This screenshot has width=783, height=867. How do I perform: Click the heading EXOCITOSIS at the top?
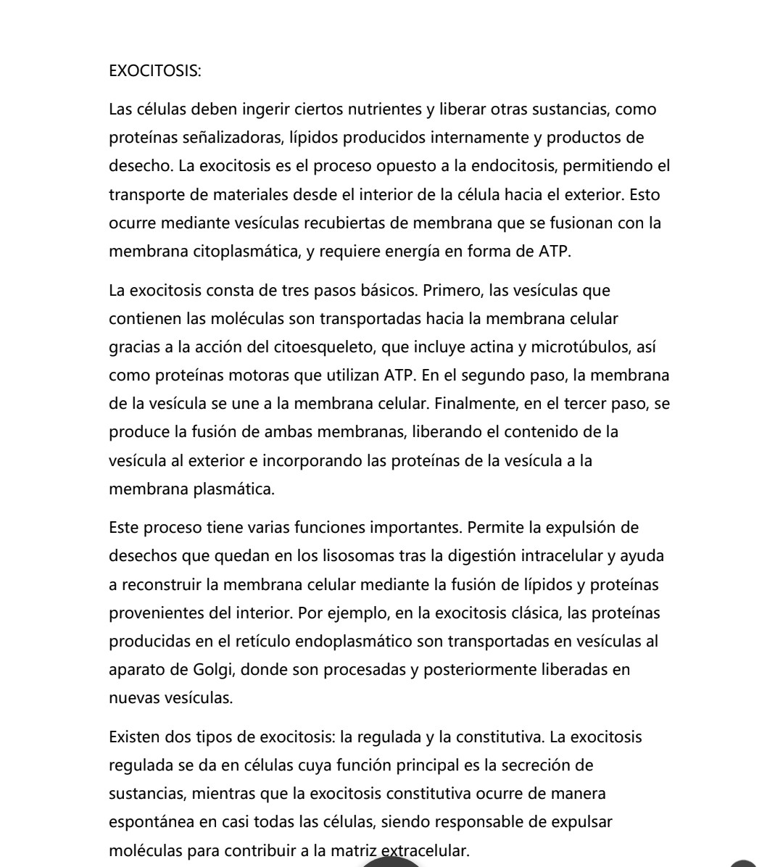[155, 71]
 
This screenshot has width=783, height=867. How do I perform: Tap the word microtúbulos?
[584, 347]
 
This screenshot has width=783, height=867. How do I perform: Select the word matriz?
[359, 850]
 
